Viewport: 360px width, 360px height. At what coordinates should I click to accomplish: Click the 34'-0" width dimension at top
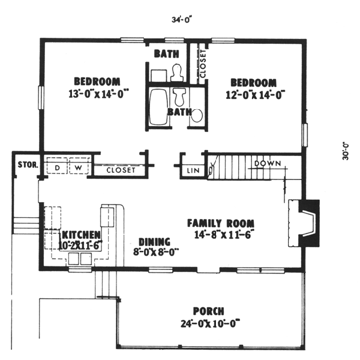coord(179,20)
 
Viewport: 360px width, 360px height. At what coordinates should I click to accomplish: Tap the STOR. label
coord(28,164)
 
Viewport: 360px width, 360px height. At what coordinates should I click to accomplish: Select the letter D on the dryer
coord(57,167)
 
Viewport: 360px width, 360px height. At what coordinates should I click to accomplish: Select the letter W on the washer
coord(78,167)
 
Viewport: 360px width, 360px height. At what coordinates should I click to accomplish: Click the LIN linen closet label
coord(193,171)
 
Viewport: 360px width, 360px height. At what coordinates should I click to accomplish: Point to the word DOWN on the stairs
coord(268,163)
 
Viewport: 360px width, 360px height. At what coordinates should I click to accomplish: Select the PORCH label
coord(209,311)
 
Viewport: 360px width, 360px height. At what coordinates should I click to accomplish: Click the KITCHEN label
coord(81,233)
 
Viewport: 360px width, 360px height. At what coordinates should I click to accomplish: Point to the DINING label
coord(154,241)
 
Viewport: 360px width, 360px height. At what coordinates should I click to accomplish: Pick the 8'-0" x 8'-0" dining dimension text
coord(155,252)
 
